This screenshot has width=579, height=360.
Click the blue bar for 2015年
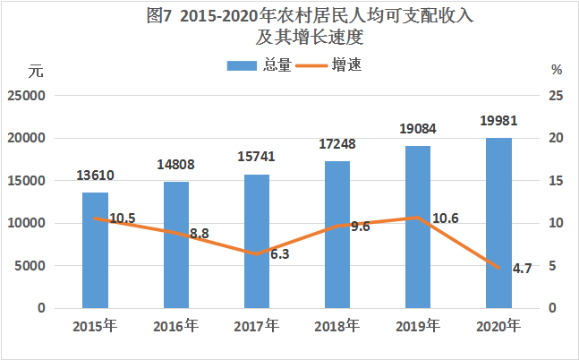click(95, 251)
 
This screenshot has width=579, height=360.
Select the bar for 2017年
click(257, 242)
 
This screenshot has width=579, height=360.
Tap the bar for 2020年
click(498, 224)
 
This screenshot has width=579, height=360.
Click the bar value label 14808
click(175, 165)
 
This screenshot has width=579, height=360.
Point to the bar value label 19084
click(417, 130)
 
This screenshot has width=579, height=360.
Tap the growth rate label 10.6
click(441, 219)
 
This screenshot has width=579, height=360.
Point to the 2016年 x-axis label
click(176, 325)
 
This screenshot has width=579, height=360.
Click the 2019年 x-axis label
click(418, 325)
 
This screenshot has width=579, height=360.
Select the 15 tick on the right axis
click(555, 181)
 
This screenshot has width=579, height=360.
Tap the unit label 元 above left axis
click(35, 71)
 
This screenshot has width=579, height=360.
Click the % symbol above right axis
click(556, 71)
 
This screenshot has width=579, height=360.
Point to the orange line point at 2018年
click(337, 226)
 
